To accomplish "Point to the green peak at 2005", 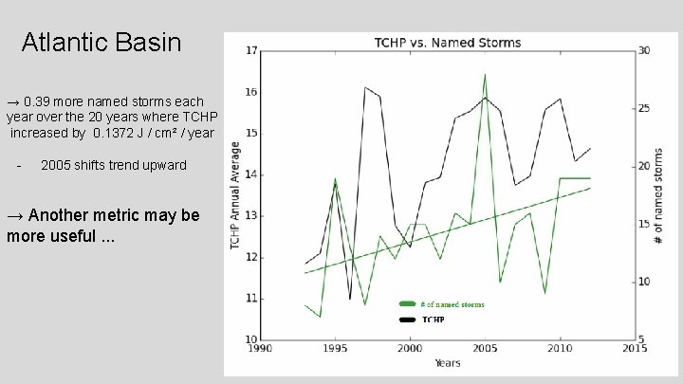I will (x=485, y=74).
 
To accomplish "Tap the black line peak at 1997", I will (x=365, y=87).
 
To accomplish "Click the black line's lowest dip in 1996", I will (x=350, y=299).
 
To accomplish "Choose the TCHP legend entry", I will (x=433, y=320).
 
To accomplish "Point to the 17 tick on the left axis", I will (x=250, y=50).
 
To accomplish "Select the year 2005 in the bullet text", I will (x=58, y=165).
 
